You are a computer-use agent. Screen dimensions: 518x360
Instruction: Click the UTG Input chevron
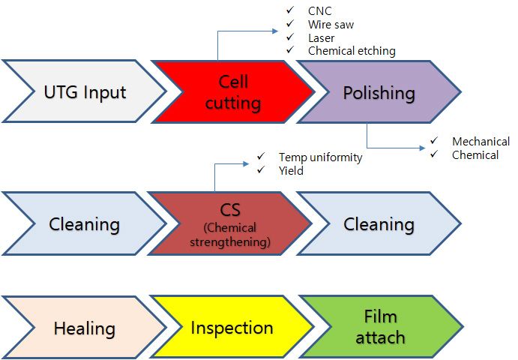pos(85,91)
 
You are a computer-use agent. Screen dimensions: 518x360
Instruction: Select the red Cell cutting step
pos(233,92)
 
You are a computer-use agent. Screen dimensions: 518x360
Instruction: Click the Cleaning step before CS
pos(84,223)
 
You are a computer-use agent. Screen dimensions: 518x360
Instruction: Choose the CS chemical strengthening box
pos(230,223)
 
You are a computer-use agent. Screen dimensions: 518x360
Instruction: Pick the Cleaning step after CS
pos(379,223)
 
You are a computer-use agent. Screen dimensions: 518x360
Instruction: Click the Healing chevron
pos(84,327)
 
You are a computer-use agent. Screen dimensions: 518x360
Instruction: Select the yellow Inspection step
pos(232,327)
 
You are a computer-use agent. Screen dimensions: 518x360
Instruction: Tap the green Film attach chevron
pos(381,327)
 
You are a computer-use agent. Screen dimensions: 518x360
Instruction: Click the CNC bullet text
pos(319,11)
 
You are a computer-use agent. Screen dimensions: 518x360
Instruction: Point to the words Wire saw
pos(331,25)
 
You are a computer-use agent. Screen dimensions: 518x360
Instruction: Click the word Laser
pos(321,38)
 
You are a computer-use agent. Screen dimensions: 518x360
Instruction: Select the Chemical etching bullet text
pos(352,51)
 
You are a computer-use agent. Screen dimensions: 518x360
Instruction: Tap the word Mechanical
pos(481,142)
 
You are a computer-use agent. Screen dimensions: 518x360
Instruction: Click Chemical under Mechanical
pos(475,155)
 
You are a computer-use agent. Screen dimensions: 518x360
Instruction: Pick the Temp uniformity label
pos(320,157)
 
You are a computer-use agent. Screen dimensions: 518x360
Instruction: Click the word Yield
pos(291,170)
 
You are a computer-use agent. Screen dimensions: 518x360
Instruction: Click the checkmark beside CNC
pos(290,10)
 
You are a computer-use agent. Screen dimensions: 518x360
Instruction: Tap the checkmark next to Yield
pos(261,169)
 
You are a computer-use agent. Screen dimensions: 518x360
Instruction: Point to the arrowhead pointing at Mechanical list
pos(422,148)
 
